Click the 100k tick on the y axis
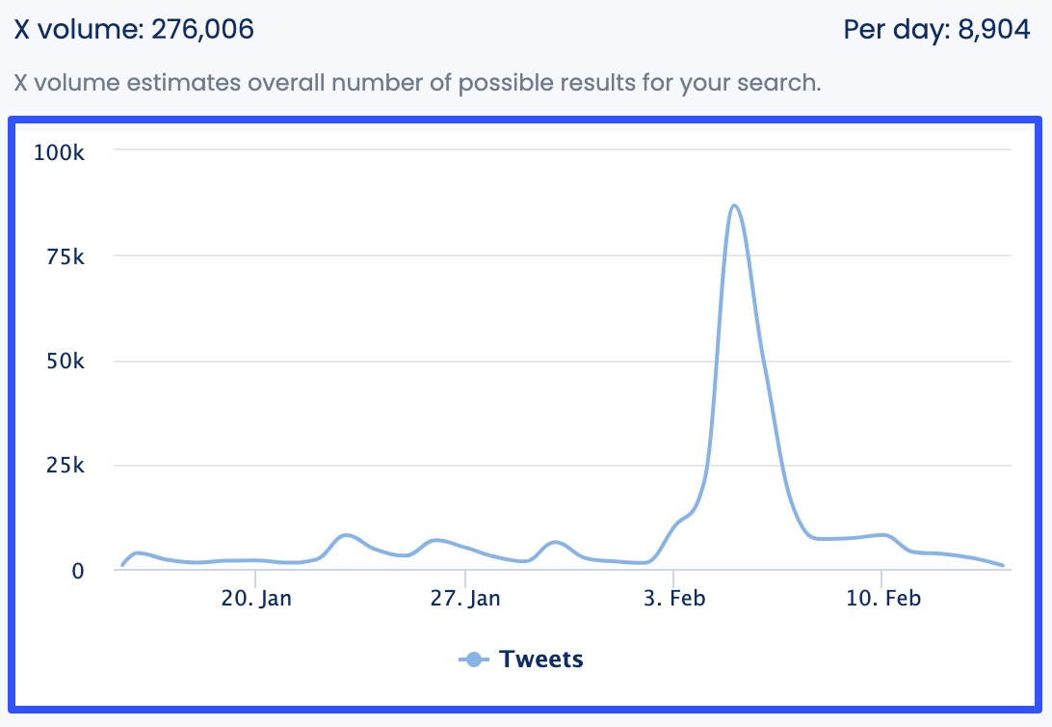(x=60, y=151)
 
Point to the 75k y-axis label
(x=65, y=256)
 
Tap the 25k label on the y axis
(x=65, y=466)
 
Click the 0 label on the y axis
(x=78, y=571)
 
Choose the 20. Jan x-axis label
(x=256, y=599)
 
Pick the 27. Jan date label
(x=465, y=599)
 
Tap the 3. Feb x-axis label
(x=674, y=599)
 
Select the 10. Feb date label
(x=882, y=599)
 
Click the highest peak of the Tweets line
(x=734, y=205)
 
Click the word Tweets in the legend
(x=541, y=660)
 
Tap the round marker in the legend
(x=472, y=660)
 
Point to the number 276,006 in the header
(x=202, y=29)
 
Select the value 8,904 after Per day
(x=994, y=29)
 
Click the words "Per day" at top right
(x=892, y=29)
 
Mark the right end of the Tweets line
(x=1003, y=566)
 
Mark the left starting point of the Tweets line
(x=122, y=565)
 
